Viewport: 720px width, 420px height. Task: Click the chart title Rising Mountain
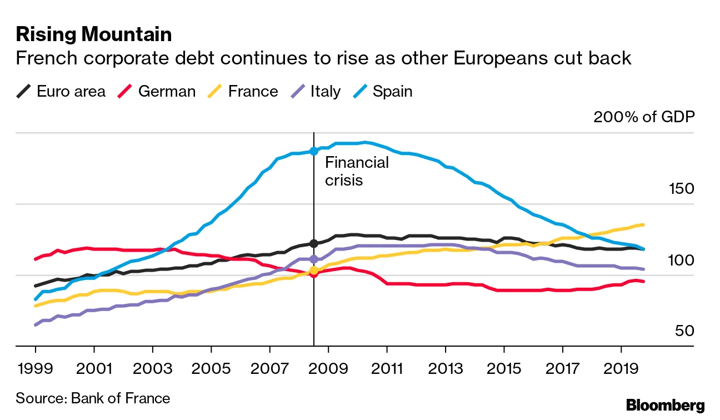[93, 34]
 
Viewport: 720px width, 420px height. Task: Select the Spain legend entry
[383, 91]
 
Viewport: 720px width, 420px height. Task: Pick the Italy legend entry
[315, 91]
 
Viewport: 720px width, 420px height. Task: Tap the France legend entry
[243, 91]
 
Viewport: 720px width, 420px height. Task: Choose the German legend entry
[157, 91]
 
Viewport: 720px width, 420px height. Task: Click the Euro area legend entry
[61, 91]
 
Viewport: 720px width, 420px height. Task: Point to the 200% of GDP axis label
[644, 117]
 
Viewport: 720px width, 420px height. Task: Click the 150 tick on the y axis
[681, 189]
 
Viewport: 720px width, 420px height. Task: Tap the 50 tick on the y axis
[684, 331]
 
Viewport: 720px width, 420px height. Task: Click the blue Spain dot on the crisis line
[314, 151]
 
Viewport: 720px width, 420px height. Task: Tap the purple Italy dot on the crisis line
[314, 259]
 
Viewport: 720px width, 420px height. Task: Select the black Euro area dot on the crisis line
[314, 243]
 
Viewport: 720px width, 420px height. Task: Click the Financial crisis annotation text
[357, 171]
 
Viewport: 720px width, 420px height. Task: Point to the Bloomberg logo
[665, 406]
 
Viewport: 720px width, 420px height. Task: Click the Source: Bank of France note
[93, 398]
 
